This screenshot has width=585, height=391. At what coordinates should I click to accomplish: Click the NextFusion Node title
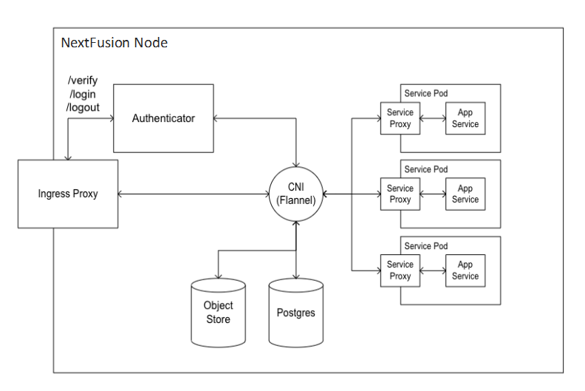[114, 43]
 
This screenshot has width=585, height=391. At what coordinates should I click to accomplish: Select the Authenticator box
[162, 118]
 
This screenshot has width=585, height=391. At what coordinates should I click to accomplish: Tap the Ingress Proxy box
[68, 194]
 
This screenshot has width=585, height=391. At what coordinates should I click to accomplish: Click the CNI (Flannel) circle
[295, 194]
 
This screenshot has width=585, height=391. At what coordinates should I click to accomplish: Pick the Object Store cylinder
[218, 313]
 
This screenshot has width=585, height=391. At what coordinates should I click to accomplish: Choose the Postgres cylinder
[295, 313]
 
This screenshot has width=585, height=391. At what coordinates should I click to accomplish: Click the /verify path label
[83, 81]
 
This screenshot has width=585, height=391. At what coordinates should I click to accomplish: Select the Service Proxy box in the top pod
[400, 118]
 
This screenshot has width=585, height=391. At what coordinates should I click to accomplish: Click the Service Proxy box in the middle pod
[400, 194]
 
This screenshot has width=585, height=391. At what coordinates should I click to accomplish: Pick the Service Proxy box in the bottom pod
[400, 271]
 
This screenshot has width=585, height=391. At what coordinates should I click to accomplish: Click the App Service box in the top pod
[465, 118]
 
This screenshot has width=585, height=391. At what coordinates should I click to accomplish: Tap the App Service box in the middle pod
[465, 194]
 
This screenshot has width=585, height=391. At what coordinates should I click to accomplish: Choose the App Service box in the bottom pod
[465, 271]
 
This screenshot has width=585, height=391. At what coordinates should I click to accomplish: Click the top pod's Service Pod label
[425, 93]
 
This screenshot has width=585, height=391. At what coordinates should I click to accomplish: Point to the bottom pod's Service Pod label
[425, 245]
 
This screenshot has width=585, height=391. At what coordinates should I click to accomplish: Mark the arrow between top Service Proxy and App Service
[432, 118]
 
